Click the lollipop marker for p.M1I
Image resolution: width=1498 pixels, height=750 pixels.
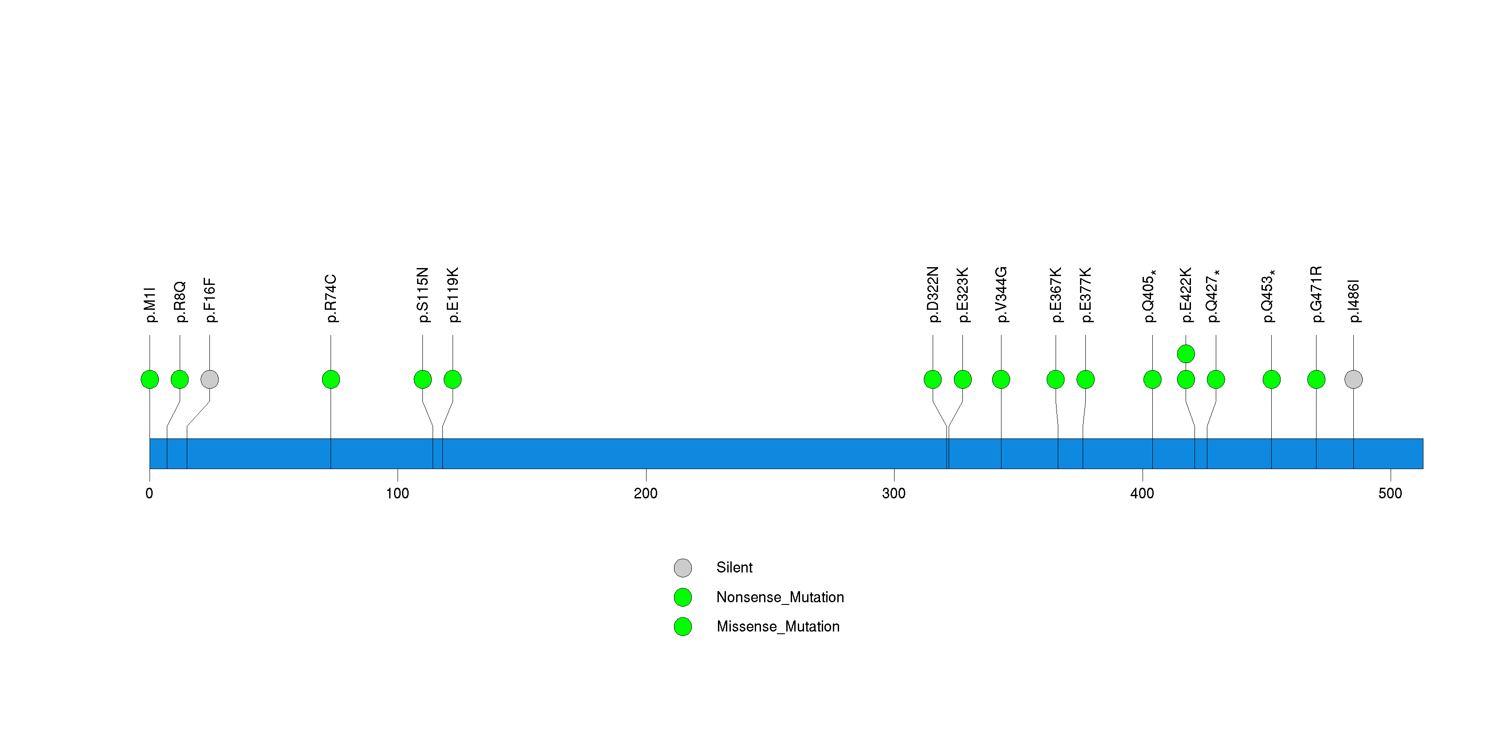(x=150, y=379)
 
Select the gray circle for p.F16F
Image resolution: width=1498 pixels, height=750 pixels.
(x=209, y=379)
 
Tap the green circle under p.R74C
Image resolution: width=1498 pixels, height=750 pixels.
(x=331, y=379)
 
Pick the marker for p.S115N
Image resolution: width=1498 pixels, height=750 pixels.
(x=423, y=379)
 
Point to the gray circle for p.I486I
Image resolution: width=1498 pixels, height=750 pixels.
(x=1353, y=379)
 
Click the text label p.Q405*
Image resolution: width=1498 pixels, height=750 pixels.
(x=1149, y=296)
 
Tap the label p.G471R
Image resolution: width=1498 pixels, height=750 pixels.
(x=1316, y=294)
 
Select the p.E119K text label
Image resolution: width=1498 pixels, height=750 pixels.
(x=453, y=295)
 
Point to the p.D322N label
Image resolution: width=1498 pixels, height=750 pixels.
(x=933, y=294)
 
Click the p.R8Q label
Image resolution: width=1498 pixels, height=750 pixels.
(x=180, y=302)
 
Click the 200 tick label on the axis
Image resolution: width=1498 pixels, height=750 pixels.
(x=646, y=493)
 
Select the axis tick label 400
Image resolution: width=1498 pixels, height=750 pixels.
(x=1142, y=493)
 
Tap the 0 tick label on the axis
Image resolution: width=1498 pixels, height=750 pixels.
(x=150, y=493)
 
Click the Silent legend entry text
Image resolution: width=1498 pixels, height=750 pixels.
(x=734, y=568)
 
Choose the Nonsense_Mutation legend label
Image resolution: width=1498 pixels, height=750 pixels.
(x=780, y=597)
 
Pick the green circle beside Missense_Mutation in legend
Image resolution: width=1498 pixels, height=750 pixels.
(x=683, y=626)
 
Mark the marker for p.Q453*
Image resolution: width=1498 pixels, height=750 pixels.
(x=1271, y=379)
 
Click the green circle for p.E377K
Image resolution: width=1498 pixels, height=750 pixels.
(x=1085, y=379)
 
